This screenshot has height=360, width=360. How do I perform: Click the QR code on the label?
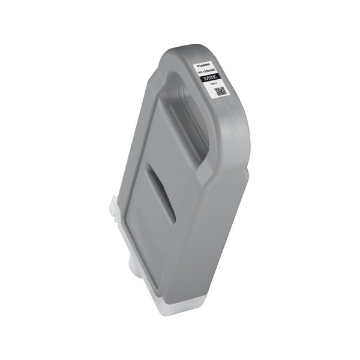[x=220, y=92]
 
